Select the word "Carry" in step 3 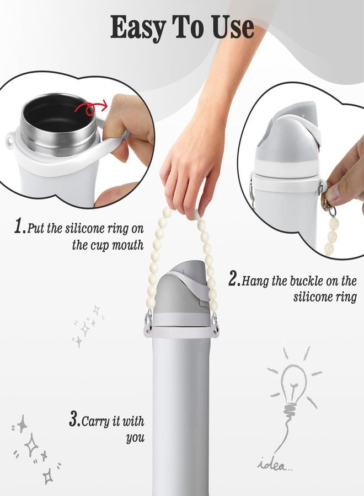[x=95, y=422]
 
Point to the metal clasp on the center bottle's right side [x=215, y=322]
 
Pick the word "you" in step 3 [x=135, y=438]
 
